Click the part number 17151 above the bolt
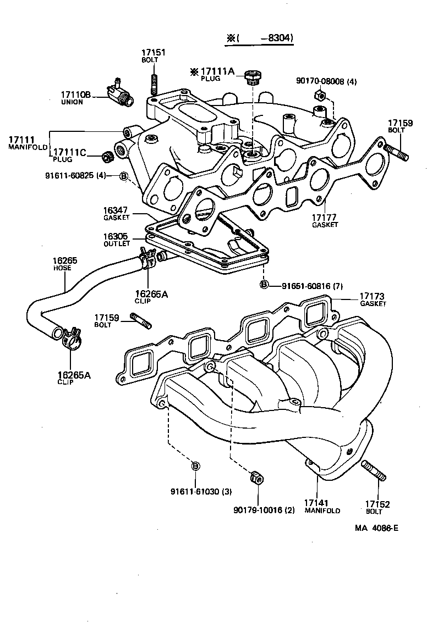click(x=154, y=53)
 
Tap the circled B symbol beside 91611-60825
click(x=124, y=176)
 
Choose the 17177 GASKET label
click(x=324, y=221)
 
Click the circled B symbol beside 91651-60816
click(x=264, y=284)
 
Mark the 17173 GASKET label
click(x=373, y=299)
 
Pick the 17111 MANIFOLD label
click(x=28, y=143)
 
